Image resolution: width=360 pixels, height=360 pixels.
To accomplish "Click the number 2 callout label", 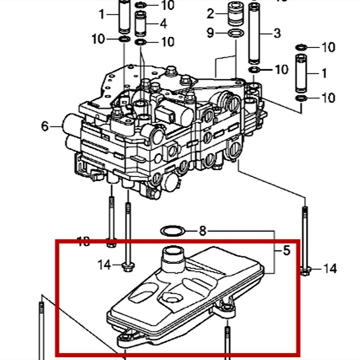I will tap(210, 14).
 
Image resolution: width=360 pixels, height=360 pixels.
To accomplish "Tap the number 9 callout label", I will tap(210, 33).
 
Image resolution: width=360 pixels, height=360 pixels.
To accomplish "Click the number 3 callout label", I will tap(277, 32).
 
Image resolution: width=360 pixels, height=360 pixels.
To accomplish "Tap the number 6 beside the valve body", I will tap(45, 126).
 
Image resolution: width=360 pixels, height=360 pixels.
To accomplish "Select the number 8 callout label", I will tap(202, 231).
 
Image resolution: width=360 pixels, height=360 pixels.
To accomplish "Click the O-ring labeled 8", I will tap(172, 231).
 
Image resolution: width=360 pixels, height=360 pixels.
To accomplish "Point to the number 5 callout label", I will tap(287, 250).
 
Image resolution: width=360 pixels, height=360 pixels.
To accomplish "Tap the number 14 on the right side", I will tap(330, 269).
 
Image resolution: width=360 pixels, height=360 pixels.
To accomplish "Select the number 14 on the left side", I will tap(104, 265).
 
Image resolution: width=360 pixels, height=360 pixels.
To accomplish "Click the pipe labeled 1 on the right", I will tap(301, 72).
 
